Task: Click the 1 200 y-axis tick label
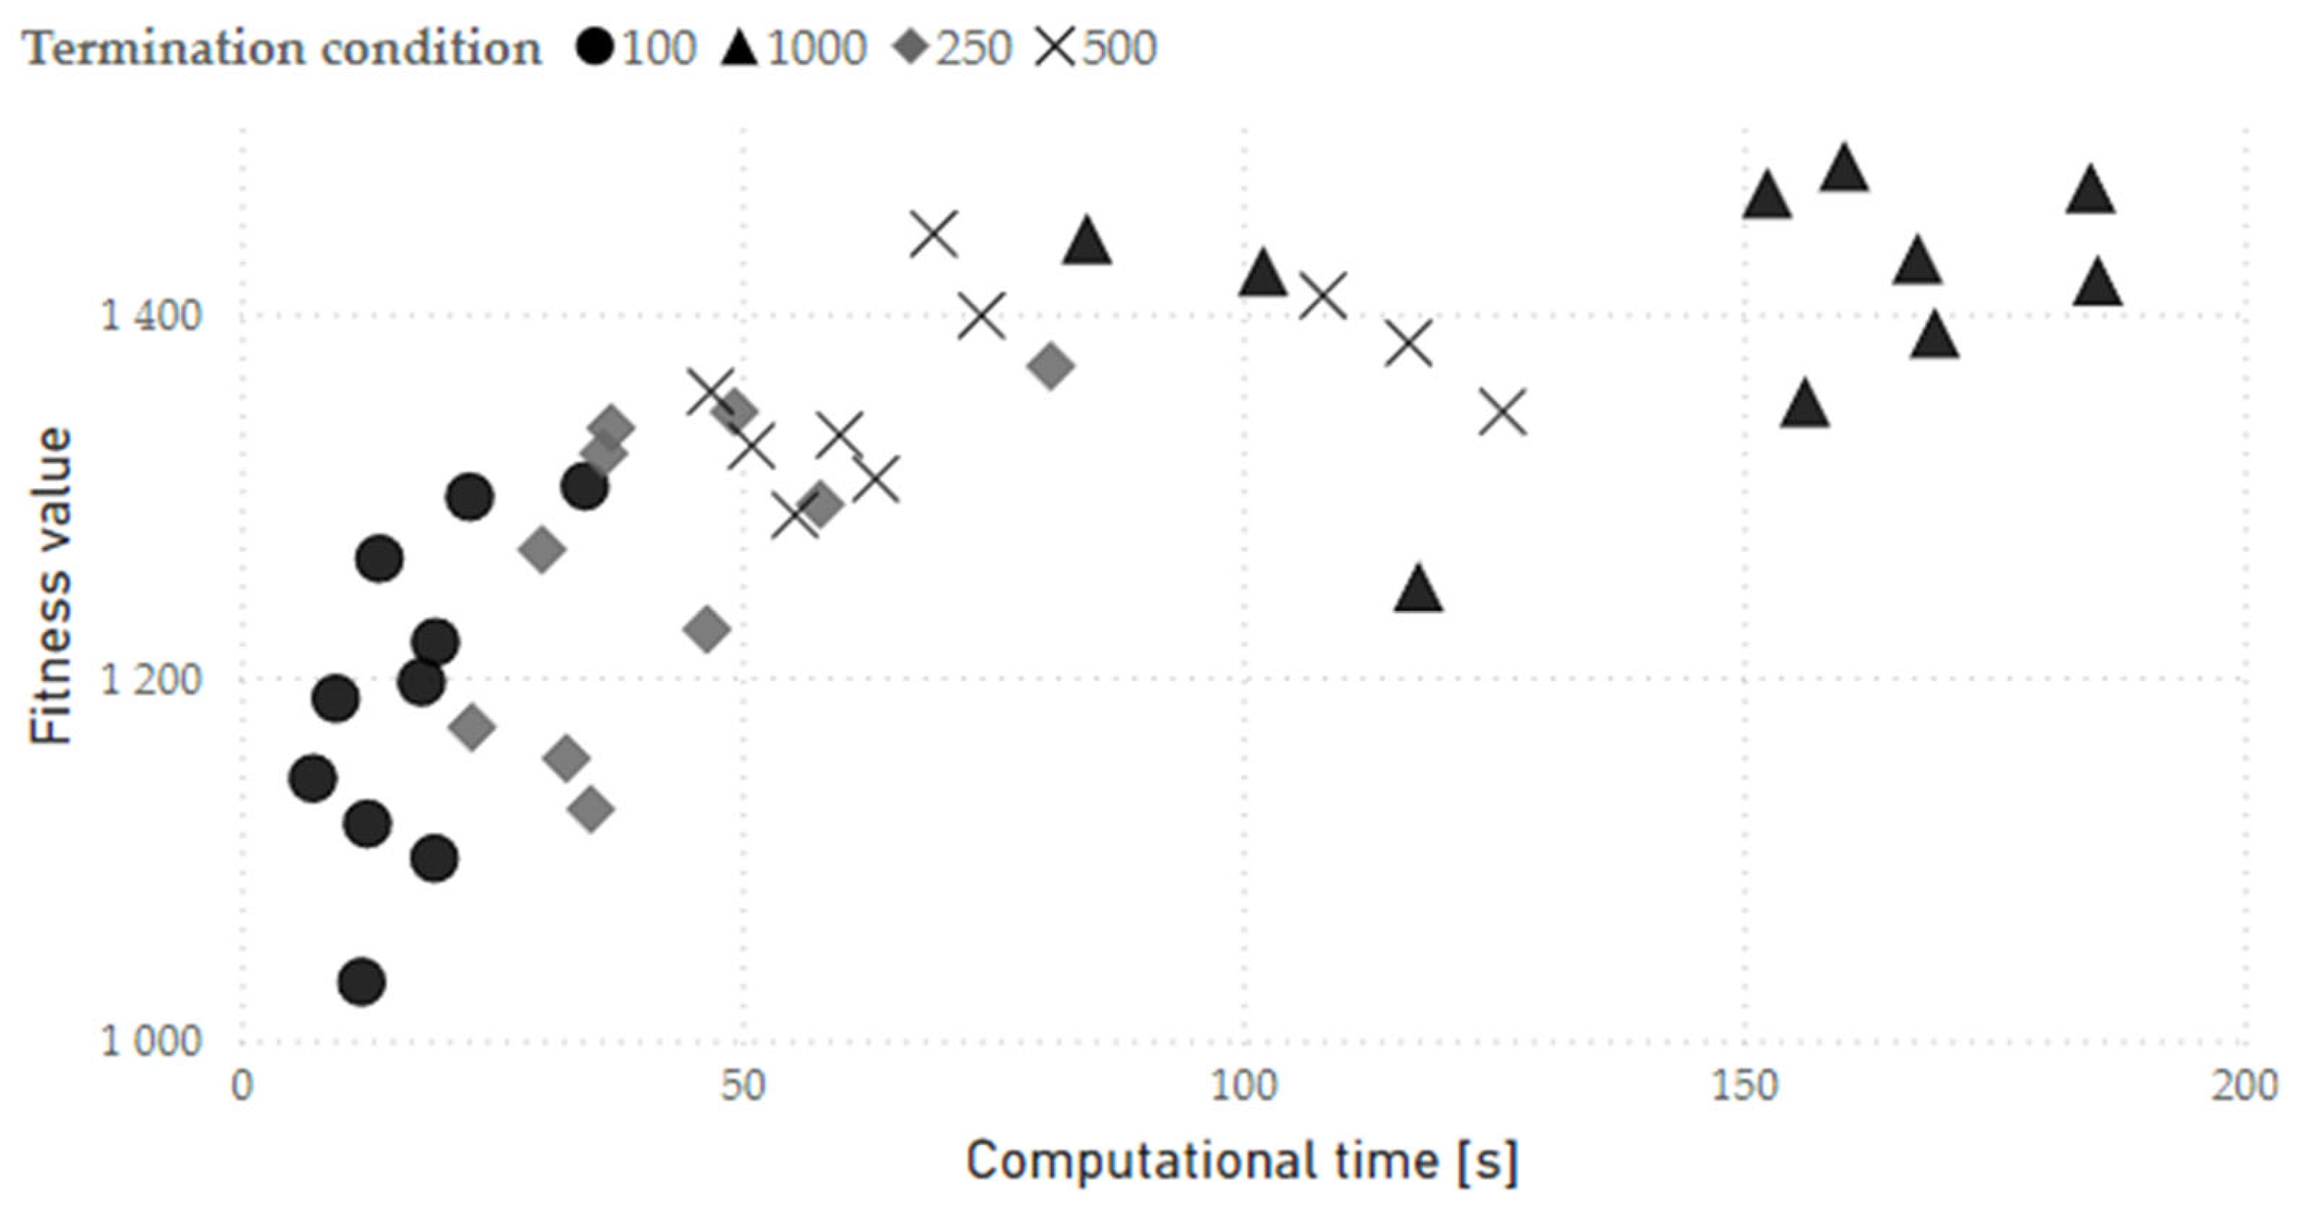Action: pyautogui.click(x=150, y=680)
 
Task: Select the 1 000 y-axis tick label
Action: pyautogui.click(x=150, y=1042)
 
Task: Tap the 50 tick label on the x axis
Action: pyautogui.click(x=743, y=1086)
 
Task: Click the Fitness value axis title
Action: pyautogui.click(x=50, y=586)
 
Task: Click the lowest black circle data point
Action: pyautogui.click(x=361, y=982)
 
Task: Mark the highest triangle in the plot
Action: pyautogui.click(x=1844, y=170)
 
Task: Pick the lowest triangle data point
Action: pyautogui.click(x=1418, y=590)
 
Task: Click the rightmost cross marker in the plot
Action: pyautogui.click(x=1502, y=412)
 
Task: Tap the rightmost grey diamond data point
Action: pyautogui.click(x=1051, y=366)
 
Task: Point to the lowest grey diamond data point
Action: pyautogui.click(x=590, y=810)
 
